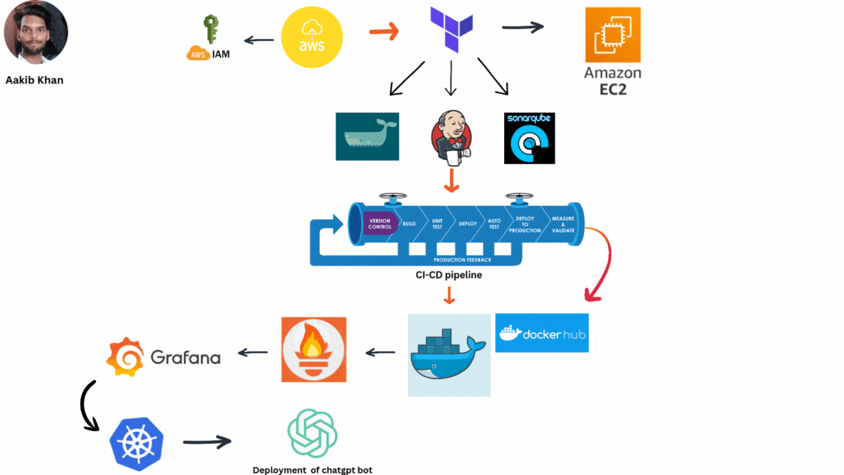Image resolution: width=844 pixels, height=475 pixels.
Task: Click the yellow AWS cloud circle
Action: [312, 37]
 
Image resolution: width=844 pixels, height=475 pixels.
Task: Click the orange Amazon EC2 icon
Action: [612, 35]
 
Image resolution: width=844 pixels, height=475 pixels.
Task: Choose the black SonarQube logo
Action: [529, 138]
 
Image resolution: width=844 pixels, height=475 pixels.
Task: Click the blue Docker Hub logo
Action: [541, 333]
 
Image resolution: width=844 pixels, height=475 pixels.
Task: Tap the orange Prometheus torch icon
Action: [314, 350]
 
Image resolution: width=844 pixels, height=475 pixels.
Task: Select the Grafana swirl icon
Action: [125, 357]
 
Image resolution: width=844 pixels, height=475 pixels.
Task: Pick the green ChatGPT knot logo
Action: [312, 433]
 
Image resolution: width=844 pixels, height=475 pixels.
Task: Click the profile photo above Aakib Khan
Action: [36, 33]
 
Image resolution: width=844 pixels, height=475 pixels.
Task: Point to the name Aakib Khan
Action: [34, 80]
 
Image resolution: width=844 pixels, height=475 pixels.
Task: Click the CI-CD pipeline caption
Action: [448, 276]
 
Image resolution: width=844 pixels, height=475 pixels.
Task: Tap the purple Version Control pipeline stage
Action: [380, 223]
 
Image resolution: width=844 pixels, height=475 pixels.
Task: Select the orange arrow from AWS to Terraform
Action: [383, 32]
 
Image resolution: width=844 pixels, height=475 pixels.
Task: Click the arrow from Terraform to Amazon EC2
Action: [522, 27]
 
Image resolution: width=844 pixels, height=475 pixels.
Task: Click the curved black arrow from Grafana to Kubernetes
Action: [89, 405]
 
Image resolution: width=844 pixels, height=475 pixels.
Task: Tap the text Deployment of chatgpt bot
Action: [312, 470]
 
